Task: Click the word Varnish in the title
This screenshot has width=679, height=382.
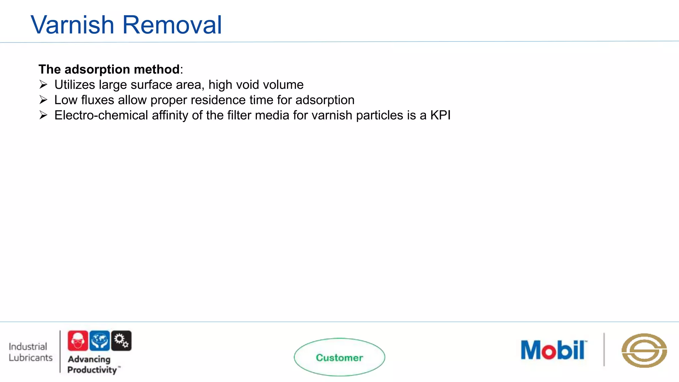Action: (x=72, y=25)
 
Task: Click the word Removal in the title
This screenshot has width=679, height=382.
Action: (x=172, y=25)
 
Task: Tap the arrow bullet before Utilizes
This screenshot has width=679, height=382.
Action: (x=43, y=85)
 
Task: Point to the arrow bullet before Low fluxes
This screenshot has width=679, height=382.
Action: (x=43, y=100)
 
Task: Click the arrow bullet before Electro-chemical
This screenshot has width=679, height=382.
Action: (x=43, y=115)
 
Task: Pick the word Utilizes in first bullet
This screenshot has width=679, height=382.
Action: (x=75, y=85)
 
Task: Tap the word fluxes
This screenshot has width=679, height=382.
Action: (x=98, y=100)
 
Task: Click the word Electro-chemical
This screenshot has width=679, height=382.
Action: (x=101, y=115)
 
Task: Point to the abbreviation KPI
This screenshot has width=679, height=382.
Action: (x=440, y=115)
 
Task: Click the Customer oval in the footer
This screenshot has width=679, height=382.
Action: (x=339, y=357)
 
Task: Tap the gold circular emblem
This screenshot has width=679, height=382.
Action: (x=644, y=350)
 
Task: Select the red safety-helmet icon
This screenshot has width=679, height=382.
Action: (x=78, y=341)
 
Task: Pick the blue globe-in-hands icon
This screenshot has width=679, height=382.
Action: (x=99, y=341)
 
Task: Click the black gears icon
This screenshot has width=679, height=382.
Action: (x=121, y=341)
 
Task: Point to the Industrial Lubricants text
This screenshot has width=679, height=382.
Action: (x=31, y=352)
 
